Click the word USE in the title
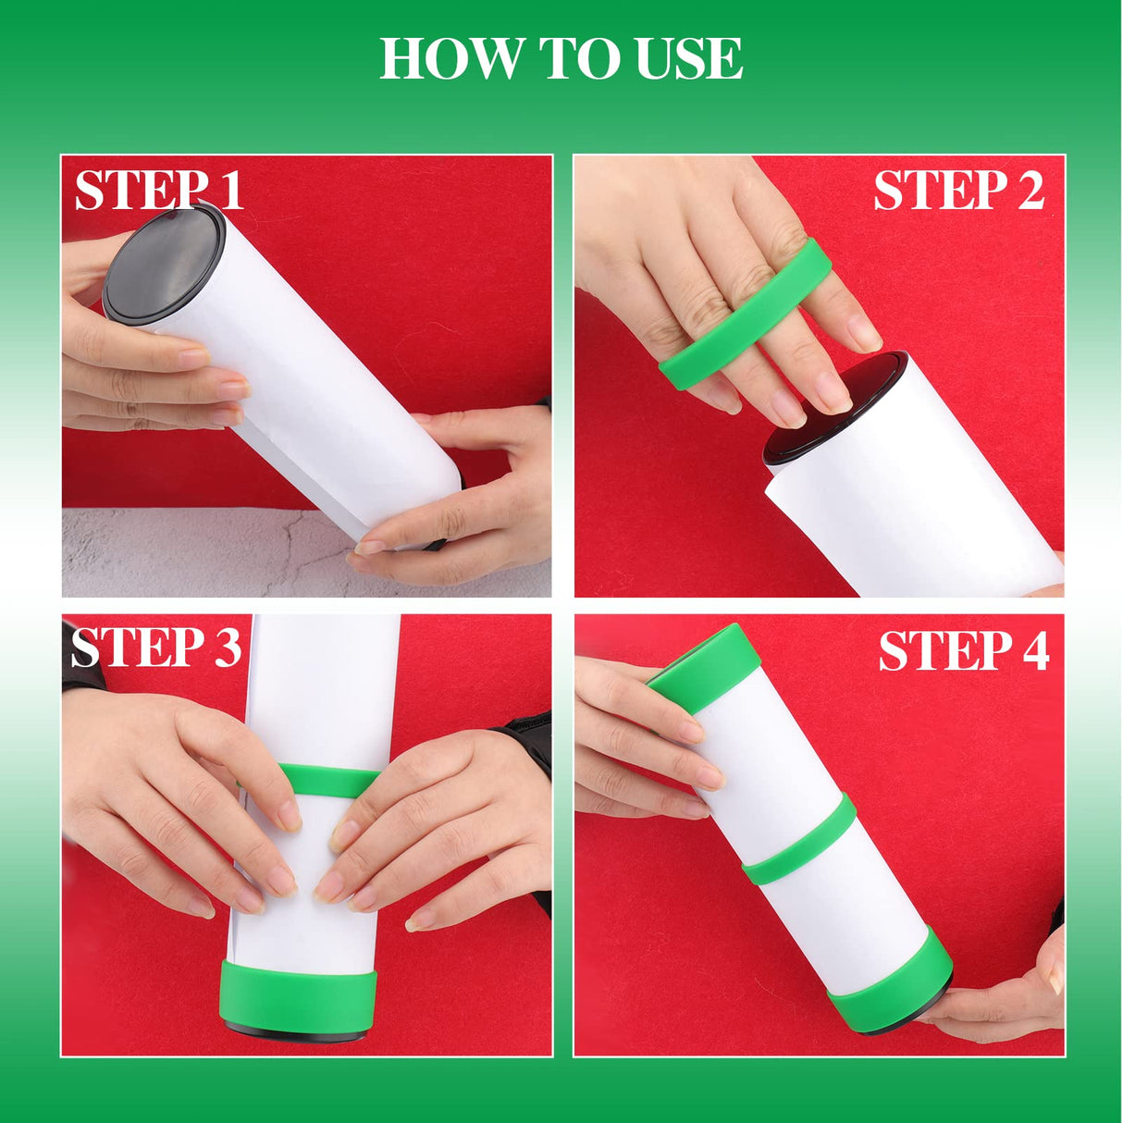(689, 58)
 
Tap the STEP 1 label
(158, 191)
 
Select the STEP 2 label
(958, 191)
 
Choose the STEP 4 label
(963, 650)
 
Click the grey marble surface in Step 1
(185, 555)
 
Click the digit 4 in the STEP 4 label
(1035, 650)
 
